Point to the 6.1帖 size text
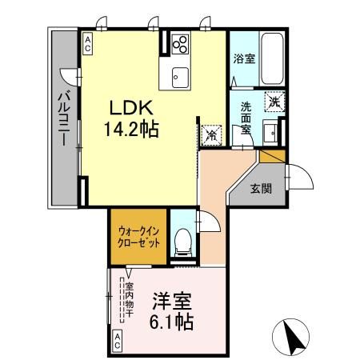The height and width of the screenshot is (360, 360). [171, 322]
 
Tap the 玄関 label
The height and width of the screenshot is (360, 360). [260, 189]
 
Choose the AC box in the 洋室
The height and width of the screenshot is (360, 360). [117, 343]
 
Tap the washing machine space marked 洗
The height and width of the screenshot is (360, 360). [274, 102]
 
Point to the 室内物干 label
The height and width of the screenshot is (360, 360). [128, 300]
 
